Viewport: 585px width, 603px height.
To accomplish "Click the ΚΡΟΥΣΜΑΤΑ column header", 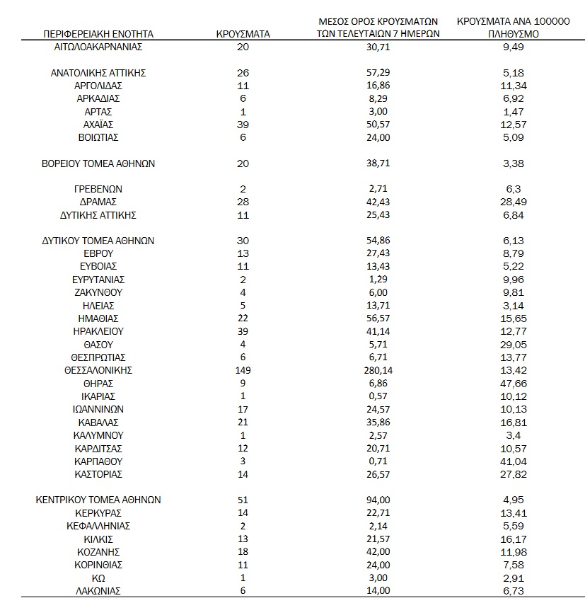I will tap(243, 33).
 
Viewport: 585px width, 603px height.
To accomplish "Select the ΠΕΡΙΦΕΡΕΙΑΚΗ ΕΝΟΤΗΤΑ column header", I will tap(98, 33).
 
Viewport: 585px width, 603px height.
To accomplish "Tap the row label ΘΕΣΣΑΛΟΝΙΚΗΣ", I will tap(98, 370).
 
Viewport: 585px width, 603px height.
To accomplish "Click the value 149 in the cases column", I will tap(243, 370).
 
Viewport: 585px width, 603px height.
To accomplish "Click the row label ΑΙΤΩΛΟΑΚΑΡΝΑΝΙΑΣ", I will tap(98, 47).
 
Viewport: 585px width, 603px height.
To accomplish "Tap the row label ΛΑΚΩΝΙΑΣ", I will tap(98, 590).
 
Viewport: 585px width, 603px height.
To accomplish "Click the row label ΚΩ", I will tap(98, 578).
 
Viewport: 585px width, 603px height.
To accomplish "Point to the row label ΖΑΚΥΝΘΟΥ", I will tap(98, 292).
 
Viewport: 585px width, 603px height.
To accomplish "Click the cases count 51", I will tap(243, 500).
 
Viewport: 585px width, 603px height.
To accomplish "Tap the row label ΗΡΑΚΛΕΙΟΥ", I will tap(98, 331).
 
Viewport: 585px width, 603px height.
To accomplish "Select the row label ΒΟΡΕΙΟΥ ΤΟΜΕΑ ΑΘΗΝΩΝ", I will tap(98, 163).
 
